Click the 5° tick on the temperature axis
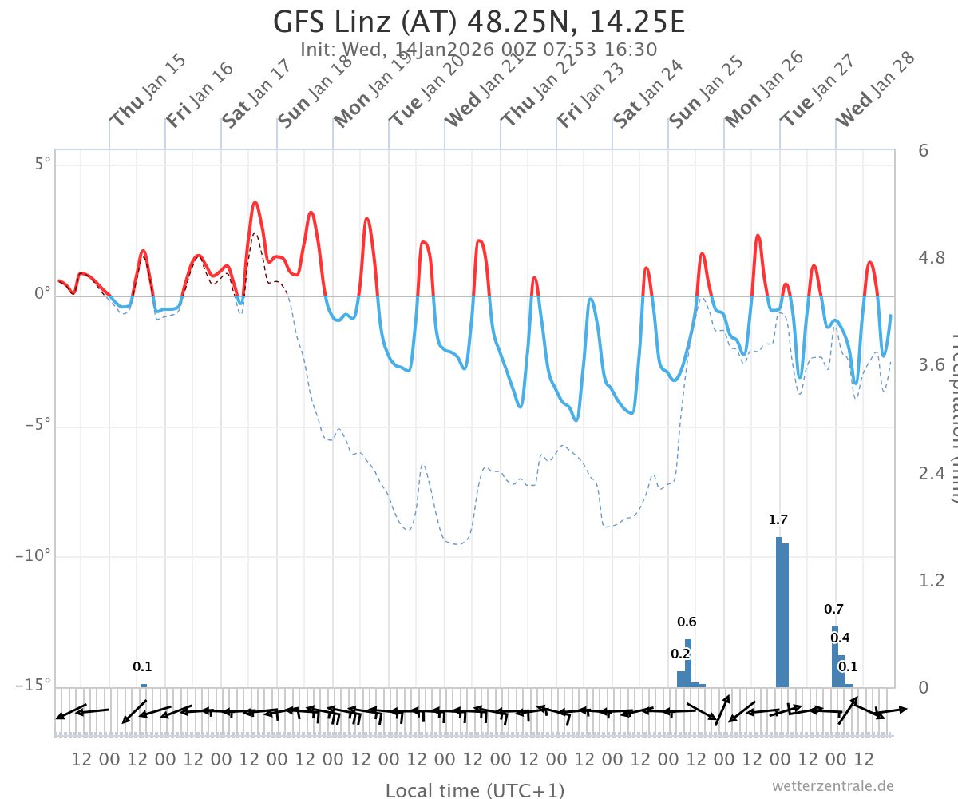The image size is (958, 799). coord(42,165)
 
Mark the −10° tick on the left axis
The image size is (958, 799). coord(34,556)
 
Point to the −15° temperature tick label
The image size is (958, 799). coord(34,686)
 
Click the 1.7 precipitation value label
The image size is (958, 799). coord(778,520)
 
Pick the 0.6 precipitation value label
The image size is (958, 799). coord(687,622)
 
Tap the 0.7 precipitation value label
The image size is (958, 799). coord(834,610)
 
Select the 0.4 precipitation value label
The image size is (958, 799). coord(840,638)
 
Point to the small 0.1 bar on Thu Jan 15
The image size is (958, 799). coord(144,686)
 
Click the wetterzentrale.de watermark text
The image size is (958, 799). coord(833,786)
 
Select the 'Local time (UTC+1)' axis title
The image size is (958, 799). coord(475,791)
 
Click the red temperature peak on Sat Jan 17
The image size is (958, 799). coord(255,203)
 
